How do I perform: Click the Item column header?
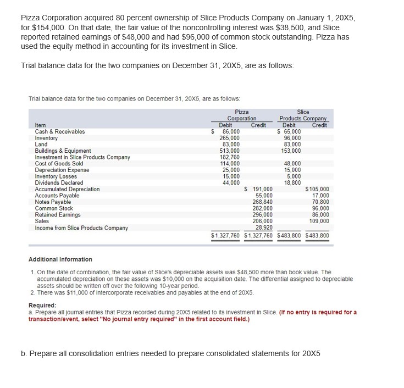tap(40, 125)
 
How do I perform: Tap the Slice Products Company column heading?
tap(303, 115)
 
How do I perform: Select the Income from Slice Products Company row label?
tap(81, 228)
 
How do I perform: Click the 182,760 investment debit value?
tap(229, 157)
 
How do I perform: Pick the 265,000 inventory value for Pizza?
tap(229, 138)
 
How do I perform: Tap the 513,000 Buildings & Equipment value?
tap(229, 151)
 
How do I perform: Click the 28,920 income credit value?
tap(263, 228)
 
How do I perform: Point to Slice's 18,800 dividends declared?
tap(292, 183)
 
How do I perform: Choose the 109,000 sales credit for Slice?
tap(319, 221)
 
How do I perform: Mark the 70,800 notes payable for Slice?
tap(320, 202)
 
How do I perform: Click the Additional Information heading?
tap(60, 259)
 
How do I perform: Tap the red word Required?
tap(42, 306)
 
